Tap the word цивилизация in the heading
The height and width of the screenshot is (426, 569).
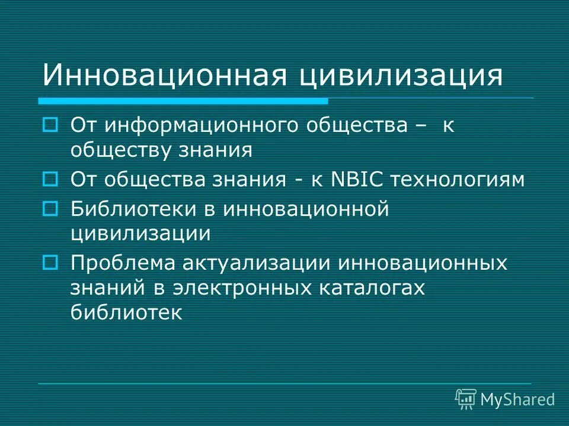pyautogui.click(x=400, y=76)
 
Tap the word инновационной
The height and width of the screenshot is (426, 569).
pyautogui.click(x=305, y=208)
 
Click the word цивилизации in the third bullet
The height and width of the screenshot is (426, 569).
pyautogui.click(x=140, y=233)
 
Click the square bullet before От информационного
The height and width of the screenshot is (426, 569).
pyautogui.click(x=50, y=125)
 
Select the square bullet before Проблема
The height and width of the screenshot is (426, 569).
pyautogui.click(x=50, y=262)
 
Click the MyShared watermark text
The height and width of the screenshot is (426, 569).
pyautogui.click(x=517, y=399)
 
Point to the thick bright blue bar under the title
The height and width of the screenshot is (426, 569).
pyautogui.click(x=183, y=101)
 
